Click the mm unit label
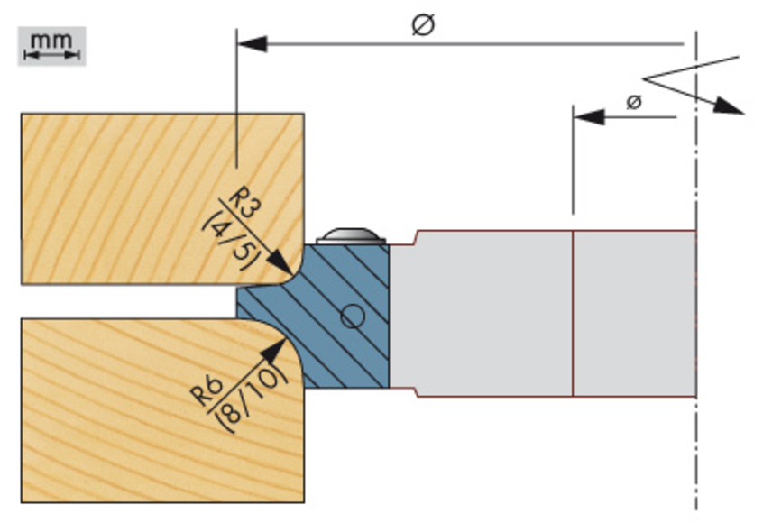point(51,40)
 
